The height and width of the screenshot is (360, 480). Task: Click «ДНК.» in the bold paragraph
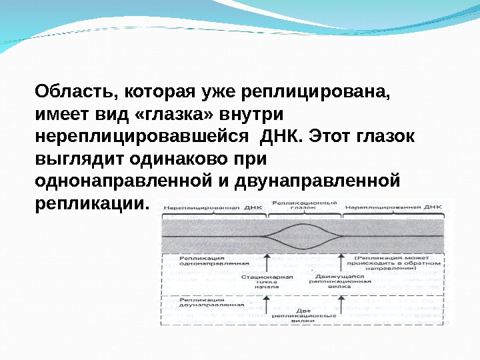click(x=283, y=136)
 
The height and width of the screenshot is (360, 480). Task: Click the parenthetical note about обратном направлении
click(x=397, y=263)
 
